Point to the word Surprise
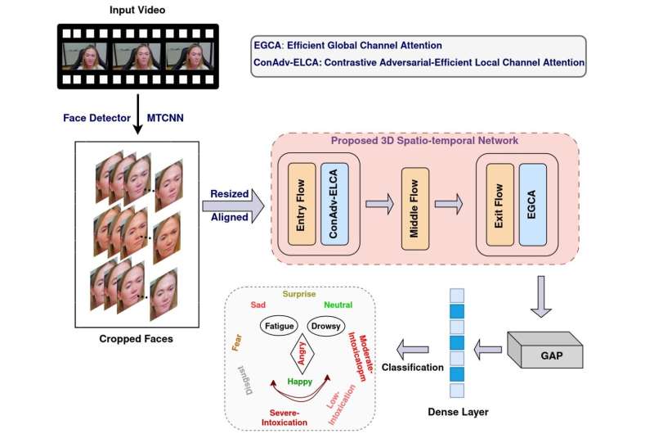(299, 293)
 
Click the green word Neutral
(337, 304)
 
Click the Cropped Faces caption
(135, 338)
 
